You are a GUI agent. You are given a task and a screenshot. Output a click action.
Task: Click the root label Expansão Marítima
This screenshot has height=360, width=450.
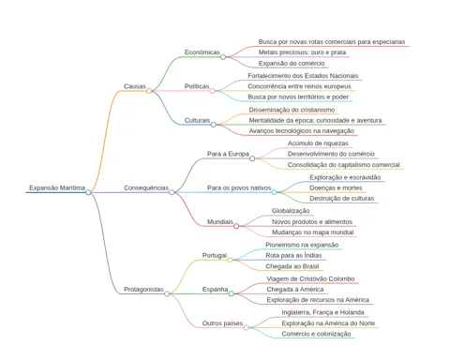[x=57, y=187]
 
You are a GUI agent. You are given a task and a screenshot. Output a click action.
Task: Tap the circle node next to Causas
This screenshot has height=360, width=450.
[x=149, y=91]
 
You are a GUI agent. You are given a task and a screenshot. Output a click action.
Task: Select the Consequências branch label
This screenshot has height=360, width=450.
[x=146, y=187]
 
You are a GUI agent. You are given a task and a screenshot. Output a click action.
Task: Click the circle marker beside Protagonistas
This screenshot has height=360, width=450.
[x=167, y=293]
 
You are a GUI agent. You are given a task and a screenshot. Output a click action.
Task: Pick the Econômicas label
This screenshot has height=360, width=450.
[x=202, y=52]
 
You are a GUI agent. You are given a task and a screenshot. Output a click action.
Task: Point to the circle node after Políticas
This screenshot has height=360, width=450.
[x=212, y=91]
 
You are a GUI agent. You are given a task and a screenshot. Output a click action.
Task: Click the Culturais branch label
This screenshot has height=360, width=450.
[x=197, y=120]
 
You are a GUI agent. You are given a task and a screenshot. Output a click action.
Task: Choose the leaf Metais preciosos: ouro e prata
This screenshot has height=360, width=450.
[x=302, y=52]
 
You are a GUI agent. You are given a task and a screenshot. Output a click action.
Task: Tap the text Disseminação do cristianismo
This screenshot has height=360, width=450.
[x=292, y=110]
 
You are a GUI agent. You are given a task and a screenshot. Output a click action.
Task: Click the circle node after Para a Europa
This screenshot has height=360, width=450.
[x=252, y=158]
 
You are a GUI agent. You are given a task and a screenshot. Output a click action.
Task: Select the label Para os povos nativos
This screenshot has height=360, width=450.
[x=239, y=187]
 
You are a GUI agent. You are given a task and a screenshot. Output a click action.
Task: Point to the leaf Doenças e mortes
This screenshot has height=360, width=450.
[x=336, y=187]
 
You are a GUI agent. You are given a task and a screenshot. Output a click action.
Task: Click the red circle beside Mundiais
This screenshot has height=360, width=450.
[x=236, y=226]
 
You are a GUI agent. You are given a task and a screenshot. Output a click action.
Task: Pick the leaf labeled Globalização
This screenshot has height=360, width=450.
[x=291, y=211]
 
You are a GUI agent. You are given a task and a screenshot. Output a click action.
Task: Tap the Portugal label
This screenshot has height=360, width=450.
[x=215, y=255]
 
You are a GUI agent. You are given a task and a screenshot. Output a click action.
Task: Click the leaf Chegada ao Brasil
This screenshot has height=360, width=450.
[x=292, y=266]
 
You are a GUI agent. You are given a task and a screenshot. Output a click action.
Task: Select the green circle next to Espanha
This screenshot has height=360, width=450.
[x=232, y=293]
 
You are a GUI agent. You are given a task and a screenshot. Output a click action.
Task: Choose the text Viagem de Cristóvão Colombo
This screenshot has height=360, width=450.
[x=310, y=278]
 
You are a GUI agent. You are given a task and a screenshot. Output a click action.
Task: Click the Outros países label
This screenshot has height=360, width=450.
[x=222, y=323]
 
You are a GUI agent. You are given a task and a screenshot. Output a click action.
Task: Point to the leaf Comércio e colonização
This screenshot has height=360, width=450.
[x=316, y=334]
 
